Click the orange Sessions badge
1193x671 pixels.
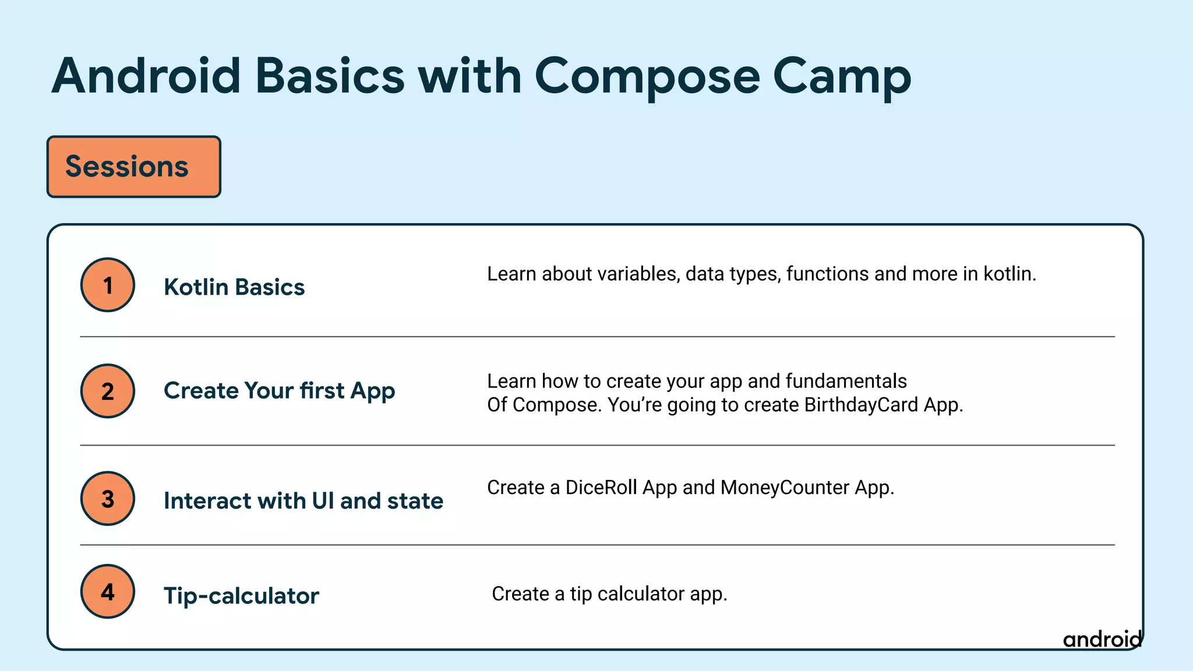coord(133,167)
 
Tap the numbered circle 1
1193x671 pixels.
coord(108,285)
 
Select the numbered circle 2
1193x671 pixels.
coord(108,391)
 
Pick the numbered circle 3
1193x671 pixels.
coord(108,499)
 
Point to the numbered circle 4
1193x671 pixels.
coord(108,591)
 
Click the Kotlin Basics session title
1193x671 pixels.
coord(234,287)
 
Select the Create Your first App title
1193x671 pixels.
coord(279,391)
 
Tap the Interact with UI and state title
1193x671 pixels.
coord(303,501)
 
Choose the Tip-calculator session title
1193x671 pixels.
coord(241,596)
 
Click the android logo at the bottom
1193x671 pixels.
coord(1102,639)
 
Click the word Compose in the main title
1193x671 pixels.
coord(647,77)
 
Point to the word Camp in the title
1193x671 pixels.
coord(842,77)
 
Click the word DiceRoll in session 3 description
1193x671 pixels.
coord(601,488)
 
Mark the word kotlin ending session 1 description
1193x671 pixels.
coord(1009,274)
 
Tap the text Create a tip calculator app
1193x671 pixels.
coord(609,594)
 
